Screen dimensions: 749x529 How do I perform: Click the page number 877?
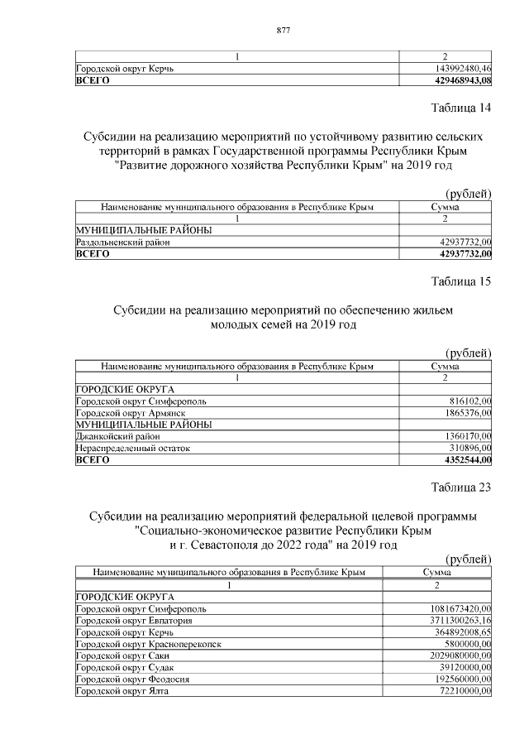[282, 31]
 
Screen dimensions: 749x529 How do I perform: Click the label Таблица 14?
[461, 109]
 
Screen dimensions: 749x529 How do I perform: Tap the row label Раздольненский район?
[123, 242]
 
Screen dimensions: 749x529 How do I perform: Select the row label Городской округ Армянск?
[130, 412]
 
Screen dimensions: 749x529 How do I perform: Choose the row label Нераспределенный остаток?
[132, 447]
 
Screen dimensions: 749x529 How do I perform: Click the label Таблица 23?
[461, 487]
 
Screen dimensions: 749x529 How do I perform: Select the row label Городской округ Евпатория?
[134, 620]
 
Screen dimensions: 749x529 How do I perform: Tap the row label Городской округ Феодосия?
[132, 679]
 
